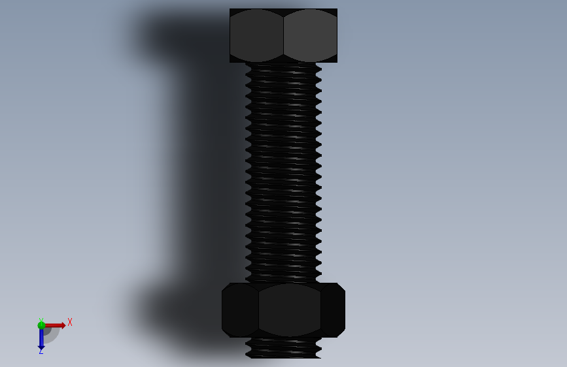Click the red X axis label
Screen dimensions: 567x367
click(70, 322)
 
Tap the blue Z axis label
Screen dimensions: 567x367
click(41, 351)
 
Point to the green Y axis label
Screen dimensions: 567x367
click(41, 320)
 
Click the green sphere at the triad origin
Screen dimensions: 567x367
click(41, 325)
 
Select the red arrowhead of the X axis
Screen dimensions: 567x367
click(63, 325)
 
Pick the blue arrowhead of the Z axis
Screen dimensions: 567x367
click(41, 348)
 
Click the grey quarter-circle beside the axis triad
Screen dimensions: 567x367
click(52, 335)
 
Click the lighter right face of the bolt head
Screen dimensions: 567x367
click(310, 35)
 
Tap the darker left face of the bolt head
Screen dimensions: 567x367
click(256, 35)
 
